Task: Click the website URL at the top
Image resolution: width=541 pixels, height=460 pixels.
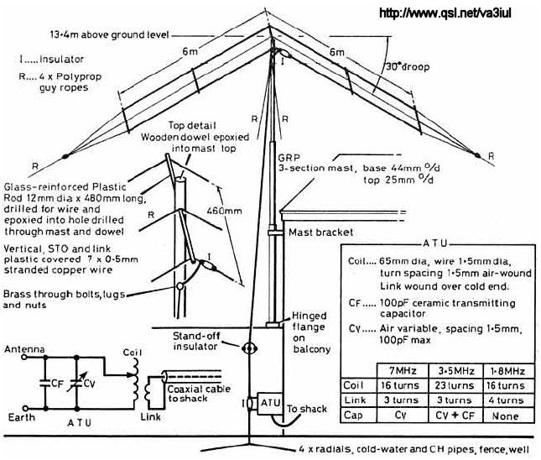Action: tap(458, 13)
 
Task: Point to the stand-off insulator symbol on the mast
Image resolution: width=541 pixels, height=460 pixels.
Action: tap(248, 348)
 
